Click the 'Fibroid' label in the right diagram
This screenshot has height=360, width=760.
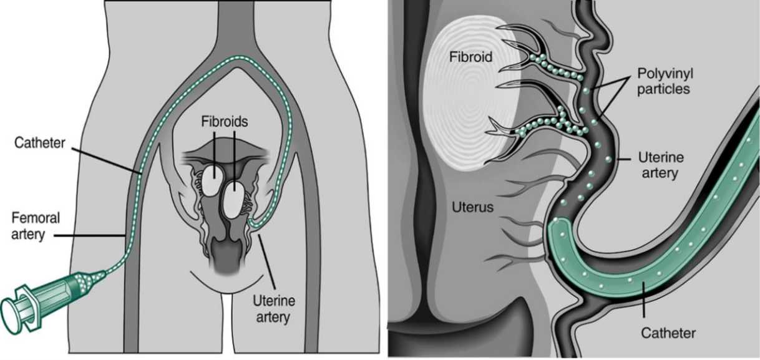[x=471, y=57]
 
